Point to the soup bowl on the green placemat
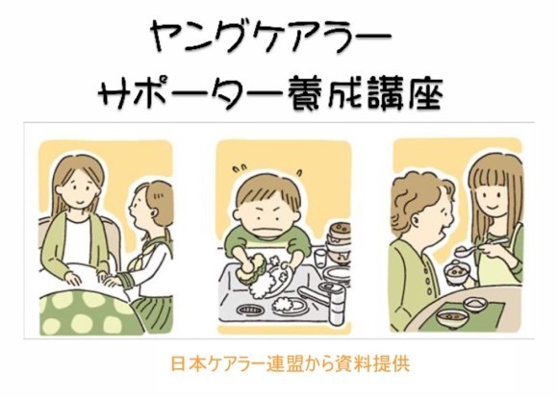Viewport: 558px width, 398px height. [x=453, y=316]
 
